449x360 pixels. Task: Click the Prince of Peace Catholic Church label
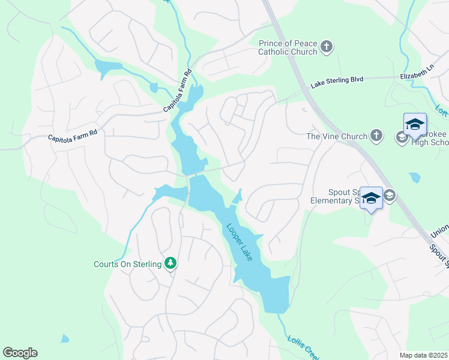(288, 47)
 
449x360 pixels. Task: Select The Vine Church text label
(336, 136)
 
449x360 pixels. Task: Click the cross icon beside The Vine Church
(376, 136)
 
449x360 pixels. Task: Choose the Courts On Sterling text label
(127, 264)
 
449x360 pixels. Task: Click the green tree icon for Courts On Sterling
(171, 263)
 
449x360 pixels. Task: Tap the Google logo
(20, 353)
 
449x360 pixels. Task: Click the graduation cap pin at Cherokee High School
(415, 125)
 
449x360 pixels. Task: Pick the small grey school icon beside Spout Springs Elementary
(389, 195)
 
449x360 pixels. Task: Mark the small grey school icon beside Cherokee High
(401, 137)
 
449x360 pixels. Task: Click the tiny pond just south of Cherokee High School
(414, 178)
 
